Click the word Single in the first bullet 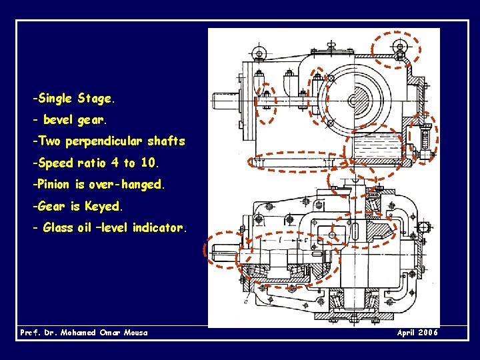coord(56,99)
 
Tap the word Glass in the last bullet coord(58,227)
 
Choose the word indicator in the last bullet coord(159,227)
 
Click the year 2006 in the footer coord(429,333)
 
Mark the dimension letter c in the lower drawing coord(305,240)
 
